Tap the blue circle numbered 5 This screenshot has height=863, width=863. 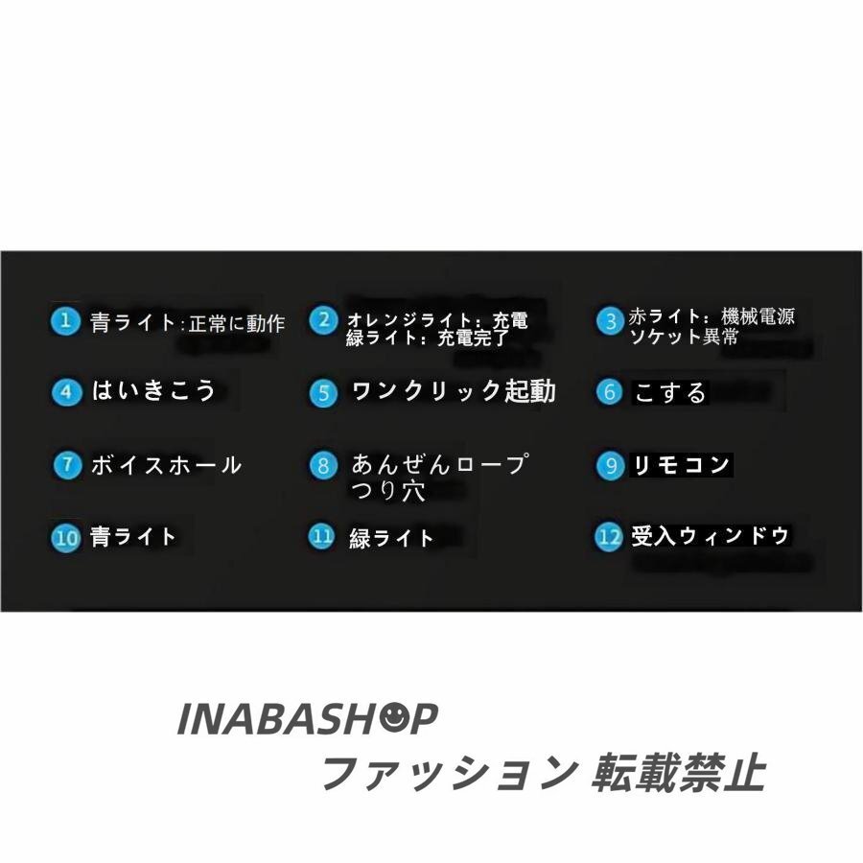point(324,393)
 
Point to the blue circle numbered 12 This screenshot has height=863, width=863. point(609,537)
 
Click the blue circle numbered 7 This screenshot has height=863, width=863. point(66,466)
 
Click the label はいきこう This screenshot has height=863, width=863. point(153,391)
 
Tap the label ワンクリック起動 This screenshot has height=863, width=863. point(454,392)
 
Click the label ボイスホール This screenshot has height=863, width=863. point(166,466)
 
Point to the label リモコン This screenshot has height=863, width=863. point(681,466)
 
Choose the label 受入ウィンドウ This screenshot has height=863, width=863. point(711,536)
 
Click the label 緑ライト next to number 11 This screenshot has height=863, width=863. point(392,538)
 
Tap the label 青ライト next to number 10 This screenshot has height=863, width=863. point(133,536)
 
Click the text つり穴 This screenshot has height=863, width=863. point(387,491)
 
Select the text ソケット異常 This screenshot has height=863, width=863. point(684,338)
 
